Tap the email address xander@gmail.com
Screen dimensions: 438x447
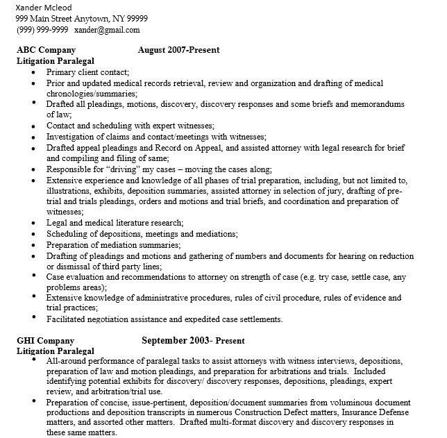[107, 30]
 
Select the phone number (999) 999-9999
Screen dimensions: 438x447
[42, 30]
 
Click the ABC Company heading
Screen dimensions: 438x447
[47, 50]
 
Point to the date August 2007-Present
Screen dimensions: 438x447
[178, 50]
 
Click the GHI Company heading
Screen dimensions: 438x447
[45, 341]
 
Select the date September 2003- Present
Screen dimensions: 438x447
[193, 341]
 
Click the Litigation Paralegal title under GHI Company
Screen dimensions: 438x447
[55, 351]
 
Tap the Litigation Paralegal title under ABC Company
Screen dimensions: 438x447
[55, 60]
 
